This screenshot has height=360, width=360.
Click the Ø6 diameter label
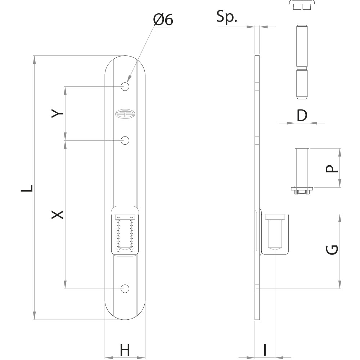pyautogui.click(x=163, y=20)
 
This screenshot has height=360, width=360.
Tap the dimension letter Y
pyautogui.click(x=57, y=113)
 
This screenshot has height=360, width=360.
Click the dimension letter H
pyautogui.click(x=125, y=350)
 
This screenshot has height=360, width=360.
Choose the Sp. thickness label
pyautogui.click(x=226, y=17)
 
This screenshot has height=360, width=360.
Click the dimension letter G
pyautogui.click(x=332, y=250)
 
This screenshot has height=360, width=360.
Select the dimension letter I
pyautogui.click(x=265, y=350)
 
